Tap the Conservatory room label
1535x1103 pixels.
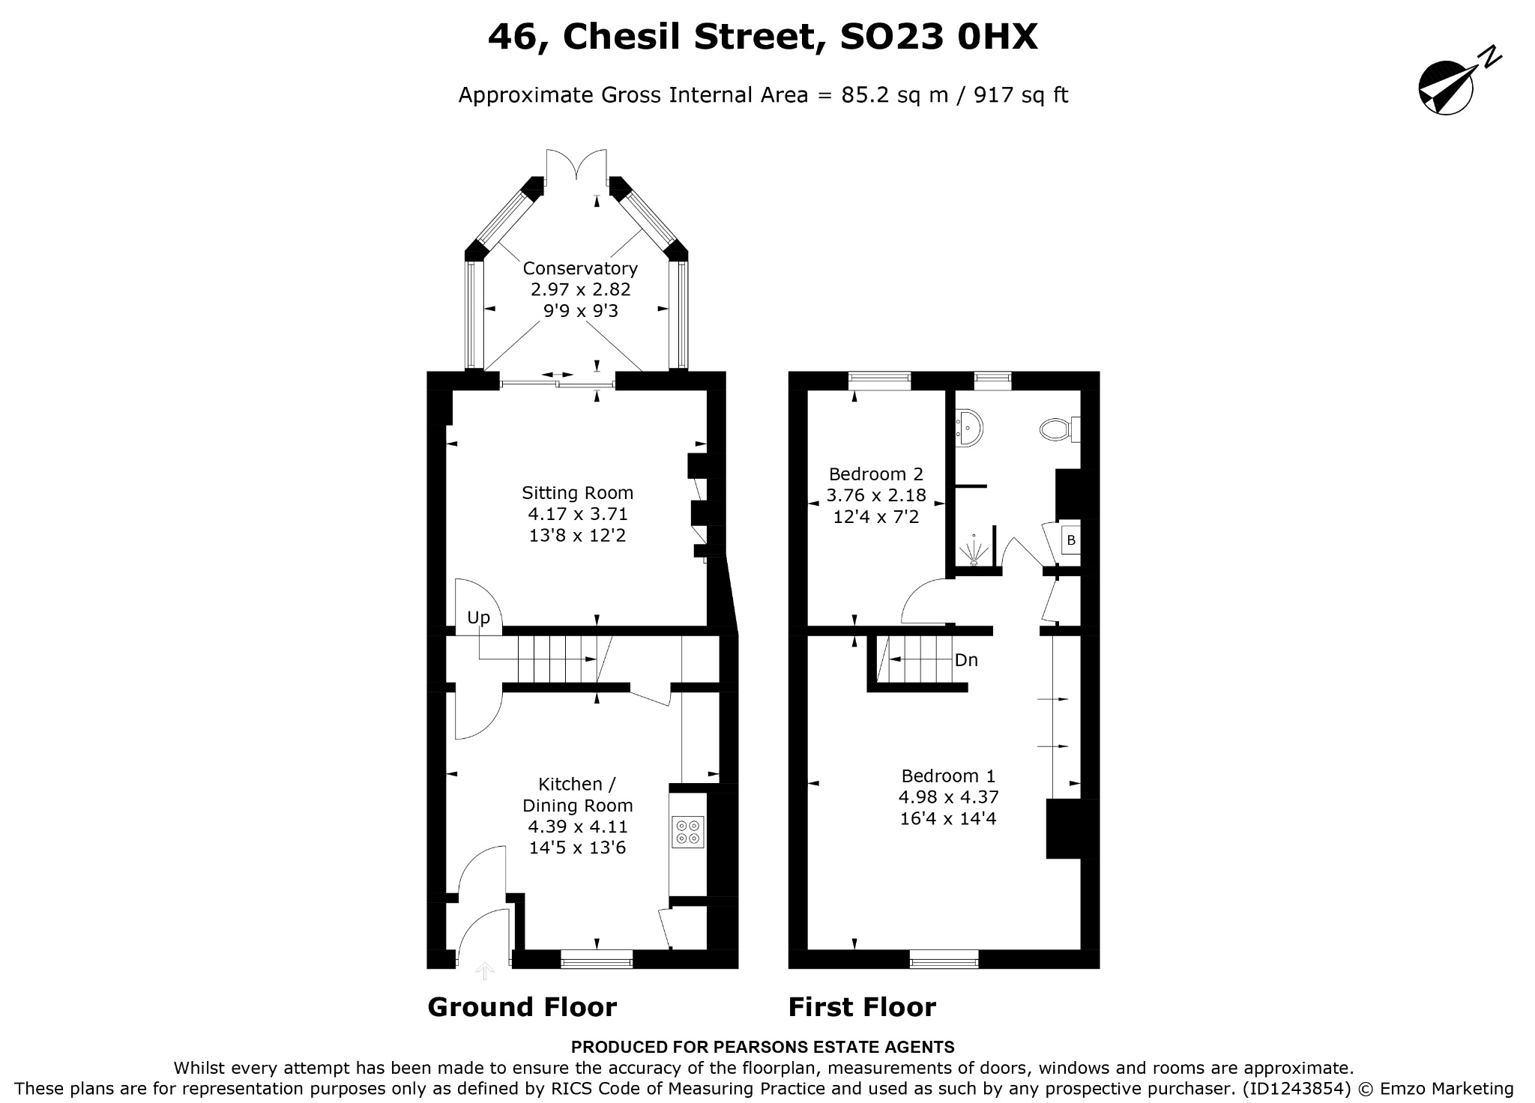[x=580, y=268]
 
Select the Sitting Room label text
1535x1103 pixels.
[x=577, y=493]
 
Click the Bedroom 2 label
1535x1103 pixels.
[x=876, y=474]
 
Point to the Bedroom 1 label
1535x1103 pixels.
[x=948, y=776]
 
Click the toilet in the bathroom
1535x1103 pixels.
[x=1059, y=429]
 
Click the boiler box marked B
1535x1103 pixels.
[x=1071, y=540]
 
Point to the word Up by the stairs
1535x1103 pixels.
[x=478, y=617]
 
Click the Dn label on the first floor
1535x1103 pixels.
[x=966, y=660]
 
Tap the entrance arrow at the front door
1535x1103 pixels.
[x=485, y=971]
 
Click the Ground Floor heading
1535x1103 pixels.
[x=522, y=1007]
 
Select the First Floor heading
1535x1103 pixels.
[x=862, y=1007]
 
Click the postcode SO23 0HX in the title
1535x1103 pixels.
[x=938, y=37]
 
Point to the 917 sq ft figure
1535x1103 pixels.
[x=1021, y=96]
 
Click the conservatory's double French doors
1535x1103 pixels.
[x=576, y=165]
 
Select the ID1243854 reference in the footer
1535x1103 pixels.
[x=1296, y=1089]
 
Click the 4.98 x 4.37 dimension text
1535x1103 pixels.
[x=948, y=797]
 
